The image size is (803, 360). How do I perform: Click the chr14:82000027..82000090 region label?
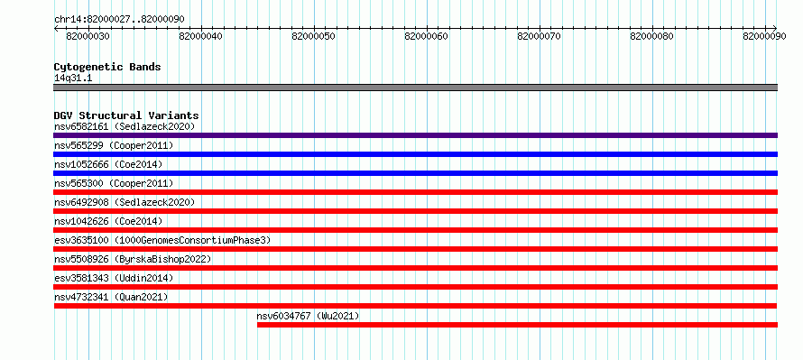(x=119, y=19)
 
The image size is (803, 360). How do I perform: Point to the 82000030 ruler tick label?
(x=88, y=36)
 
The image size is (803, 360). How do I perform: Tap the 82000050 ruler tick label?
(x=313, y=36)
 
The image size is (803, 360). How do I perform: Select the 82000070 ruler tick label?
(x=540, y=36)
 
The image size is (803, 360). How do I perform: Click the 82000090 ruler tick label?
(x=764, y=36)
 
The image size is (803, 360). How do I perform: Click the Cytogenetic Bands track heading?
(x=107, y=67)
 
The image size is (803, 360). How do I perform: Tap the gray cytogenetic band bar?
(x=415, y=88)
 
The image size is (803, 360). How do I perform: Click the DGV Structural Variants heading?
(x=126, y=115)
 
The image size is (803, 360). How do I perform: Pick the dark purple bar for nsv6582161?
(x=415, y=135)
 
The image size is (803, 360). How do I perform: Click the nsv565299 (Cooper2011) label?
(x=114, y=145)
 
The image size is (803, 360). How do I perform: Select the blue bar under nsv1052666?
(x=415, y=173)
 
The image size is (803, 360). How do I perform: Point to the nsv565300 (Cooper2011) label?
(x=114, y=183)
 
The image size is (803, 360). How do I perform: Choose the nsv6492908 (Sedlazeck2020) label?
(x=125, y=202)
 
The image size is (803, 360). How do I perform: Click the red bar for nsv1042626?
(x=415, y=230)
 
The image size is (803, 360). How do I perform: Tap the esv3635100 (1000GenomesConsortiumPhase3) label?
(x=162, y=240)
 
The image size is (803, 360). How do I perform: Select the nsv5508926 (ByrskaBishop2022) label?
(x=133, y=259)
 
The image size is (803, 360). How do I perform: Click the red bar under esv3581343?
(x=415, y=287)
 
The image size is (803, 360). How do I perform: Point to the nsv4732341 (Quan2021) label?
(x=111, y=297)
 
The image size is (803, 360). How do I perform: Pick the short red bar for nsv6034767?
(x=517, y=325)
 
